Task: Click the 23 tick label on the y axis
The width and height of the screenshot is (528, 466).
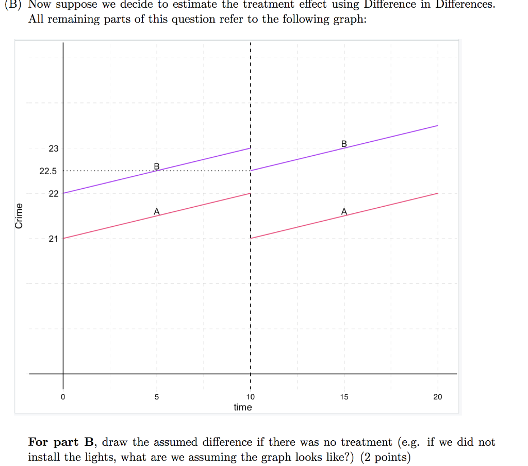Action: (x=54, y=148)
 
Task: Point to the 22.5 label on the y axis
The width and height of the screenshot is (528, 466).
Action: (x=48, y=171)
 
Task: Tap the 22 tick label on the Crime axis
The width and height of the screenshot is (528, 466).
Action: (x=54, y=194)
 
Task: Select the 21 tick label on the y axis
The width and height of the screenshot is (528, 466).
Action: (x=54, y=239)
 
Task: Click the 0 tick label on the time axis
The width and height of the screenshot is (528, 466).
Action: (x=63, y=397)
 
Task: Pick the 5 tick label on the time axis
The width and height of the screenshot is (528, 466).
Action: (x=157, y=397)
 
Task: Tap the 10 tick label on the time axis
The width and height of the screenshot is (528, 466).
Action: (x=250, y=397)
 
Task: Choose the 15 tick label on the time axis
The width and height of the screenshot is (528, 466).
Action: (x=344, y=397)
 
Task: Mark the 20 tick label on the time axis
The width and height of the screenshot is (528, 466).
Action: (x=438, y=397)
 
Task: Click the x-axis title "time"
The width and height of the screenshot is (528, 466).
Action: (x=243, y=407)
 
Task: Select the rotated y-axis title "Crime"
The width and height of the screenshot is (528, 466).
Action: (x=20, y=216)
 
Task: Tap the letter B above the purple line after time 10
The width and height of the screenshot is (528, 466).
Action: (x=344, y=143)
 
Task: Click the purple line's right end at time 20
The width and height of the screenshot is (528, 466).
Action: (x=437, y=126)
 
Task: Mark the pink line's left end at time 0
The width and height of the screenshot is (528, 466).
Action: (x=64, y=238)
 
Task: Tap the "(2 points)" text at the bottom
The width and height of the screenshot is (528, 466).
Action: (x=386, y=457)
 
